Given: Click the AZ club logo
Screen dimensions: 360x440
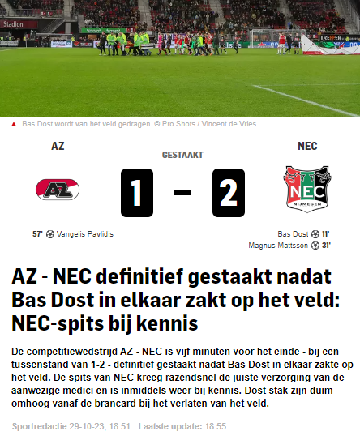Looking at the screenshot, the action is pos(58,190).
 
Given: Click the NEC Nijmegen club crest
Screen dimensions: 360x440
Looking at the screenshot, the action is pos(307,190).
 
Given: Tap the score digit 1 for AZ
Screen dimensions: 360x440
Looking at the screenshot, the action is pos(137,193).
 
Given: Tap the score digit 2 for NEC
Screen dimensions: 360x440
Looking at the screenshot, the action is pos(228,193).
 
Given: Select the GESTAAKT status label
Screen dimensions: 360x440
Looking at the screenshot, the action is pos(182,155).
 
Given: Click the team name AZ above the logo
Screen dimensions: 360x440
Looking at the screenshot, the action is pos(58,147).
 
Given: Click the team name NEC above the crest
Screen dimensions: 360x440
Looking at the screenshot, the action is pos(307,147).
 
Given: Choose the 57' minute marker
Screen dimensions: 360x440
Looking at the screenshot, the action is pos(37,234).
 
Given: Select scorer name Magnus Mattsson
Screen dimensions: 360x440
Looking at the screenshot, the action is pos(278,245).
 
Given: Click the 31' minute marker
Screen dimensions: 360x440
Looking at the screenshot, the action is pos(326,245).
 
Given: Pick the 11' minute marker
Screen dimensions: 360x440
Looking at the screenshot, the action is pos(326,234).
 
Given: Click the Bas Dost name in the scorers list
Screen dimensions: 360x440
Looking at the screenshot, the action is pos(293,234).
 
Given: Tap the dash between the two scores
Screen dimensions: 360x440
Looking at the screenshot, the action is pos(182,194).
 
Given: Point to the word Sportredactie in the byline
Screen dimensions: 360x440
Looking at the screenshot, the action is pos(37,425).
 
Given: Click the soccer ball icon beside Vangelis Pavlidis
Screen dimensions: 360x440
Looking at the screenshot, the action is pos(49,234).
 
